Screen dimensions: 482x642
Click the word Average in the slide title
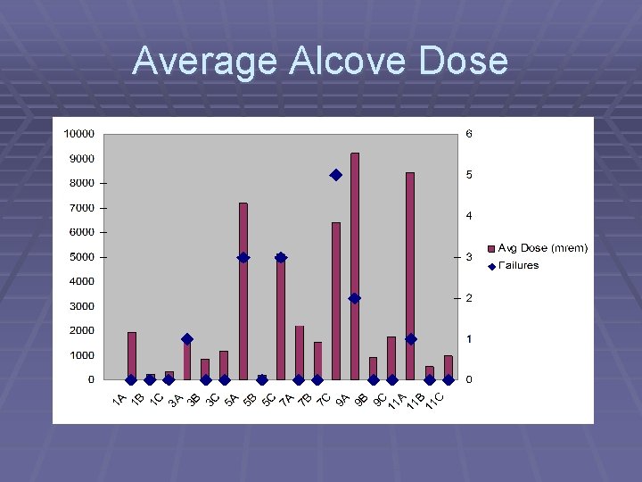click(x=205, y=61)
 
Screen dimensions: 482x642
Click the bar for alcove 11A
click(x=410, y=276)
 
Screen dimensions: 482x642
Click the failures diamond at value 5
click(x=336, y=175)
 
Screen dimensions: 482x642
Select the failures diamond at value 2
click(x=355, y=298)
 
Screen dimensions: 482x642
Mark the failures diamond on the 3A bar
click(x=187, y=339)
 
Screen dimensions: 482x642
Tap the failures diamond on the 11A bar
click(x=410, y=339)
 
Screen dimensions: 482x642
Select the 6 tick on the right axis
click(x=468, y=134)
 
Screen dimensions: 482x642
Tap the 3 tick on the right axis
click(x=468, y=257)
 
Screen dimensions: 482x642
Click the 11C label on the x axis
click(x=433, y=403)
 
